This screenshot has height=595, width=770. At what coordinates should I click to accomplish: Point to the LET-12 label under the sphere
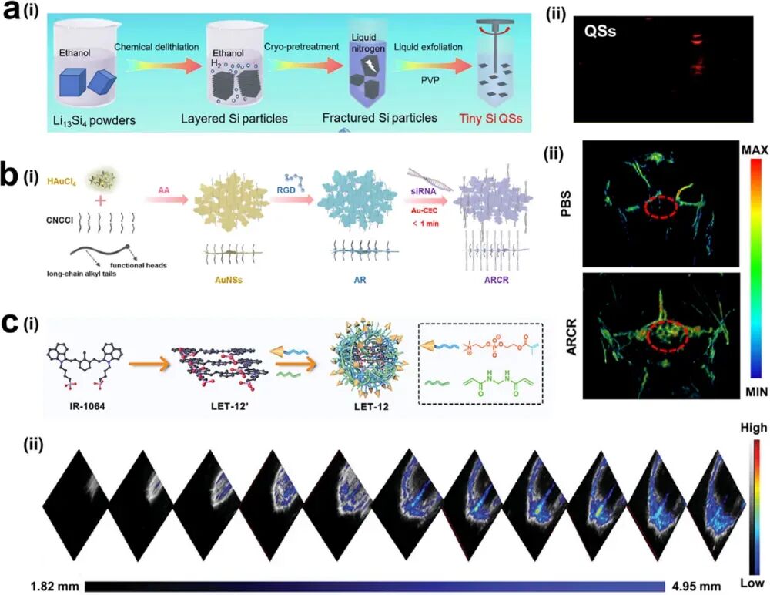point(370,403)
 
